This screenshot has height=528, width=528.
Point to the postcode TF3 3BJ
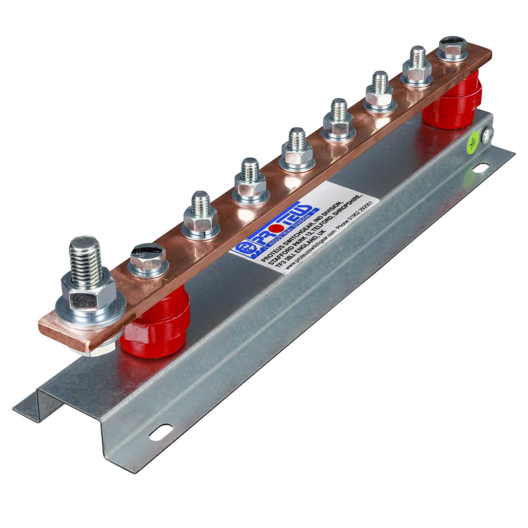click(x=283, y=262)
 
